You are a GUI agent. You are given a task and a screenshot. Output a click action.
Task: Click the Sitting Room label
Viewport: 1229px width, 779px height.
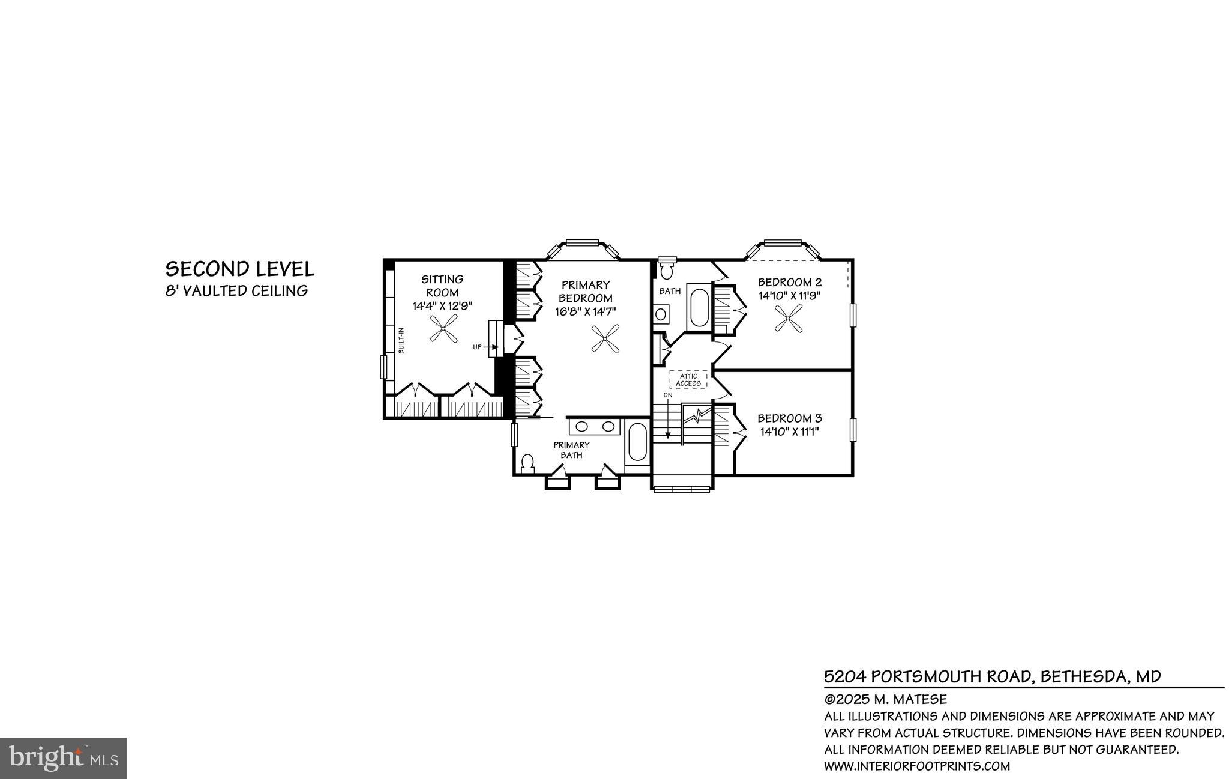pos(442,286)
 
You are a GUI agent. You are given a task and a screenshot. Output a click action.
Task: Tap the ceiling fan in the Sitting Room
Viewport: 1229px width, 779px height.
pos(443,329)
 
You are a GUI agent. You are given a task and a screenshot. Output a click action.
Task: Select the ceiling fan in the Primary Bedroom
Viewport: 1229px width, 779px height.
pos(604,338)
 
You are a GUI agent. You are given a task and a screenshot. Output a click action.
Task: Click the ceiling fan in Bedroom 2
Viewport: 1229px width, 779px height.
pos(788,318)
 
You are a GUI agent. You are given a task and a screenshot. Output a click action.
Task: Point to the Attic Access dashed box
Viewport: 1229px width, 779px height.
pos(688,380)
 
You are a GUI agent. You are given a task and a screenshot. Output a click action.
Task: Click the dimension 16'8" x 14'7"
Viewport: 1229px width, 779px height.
pos(586,311)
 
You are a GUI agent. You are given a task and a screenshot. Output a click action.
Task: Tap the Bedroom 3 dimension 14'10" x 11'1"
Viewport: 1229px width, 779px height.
pos(789,431)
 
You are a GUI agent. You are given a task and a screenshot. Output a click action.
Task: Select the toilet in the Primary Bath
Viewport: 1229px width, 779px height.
pos(528,465)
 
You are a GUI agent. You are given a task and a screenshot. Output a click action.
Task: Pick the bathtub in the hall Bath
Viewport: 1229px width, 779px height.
pos(699,307)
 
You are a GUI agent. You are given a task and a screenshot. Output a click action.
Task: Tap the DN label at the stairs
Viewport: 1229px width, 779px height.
pos(667,396)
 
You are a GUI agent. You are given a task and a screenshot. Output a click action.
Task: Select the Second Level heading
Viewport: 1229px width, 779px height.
pos(240,269)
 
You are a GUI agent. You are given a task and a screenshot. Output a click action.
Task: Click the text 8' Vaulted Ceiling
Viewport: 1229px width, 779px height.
pos(237,291)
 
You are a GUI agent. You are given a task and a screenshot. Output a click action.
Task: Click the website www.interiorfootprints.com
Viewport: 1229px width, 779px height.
pos(916,766)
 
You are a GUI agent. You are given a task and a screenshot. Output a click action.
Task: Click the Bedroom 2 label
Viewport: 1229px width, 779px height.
pos(789,282)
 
